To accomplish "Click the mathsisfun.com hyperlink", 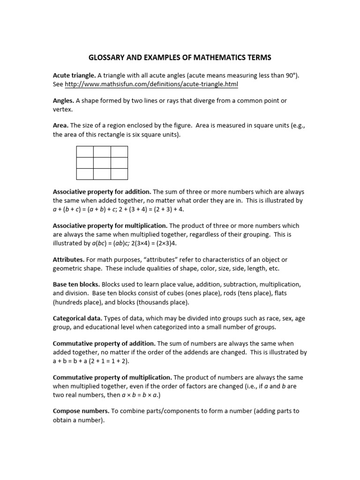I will (151, 84).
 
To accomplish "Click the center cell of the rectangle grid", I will (102, 163).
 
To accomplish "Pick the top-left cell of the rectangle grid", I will (85, 151).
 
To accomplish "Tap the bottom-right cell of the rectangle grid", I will (119, 174).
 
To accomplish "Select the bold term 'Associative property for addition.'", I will (102, 192).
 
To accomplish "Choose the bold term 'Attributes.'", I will (68, 260).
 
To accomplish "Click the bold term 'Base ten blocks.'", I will (76, 285).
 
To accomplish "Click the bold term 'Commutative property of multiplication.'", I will (112, 377).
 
